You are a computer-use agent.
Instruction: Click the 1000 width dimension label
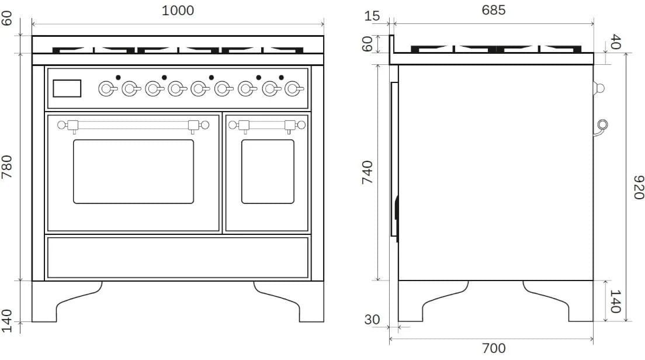click(178, 10)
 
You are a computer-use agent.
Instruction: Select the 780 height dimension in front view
click(8, 167)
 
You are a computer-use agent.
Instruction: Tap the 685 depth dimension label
click(494, 10)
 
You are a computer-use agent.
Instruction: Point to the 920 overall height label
click(638, 187)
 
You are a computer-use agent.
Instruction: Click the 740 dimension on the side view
click(367, 172)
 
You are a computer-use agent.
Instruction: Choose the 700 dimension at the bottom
click(494, 348)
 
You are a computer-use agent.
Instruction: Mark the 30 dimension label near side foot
click(372, 320)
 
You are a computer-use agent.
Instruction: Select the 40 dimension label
click(615, 41)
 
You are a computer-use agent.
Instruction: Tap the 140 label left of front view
click(8, 321)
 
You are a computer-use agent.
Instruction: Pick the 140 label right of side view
click(615, 302)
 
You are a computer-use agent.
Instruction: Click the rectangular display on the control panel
click(67, 88)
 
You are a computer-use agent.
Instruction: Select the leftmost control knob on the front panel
click(106, 88)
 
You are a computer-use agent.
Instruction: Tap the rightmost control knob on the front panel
click(293, 88)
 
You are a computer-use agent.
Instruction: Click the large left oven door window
click(133, 171)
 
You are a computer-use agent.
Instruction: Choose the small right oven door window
click(268, 171)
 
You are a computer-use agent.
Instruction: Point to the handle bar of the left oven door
click(133, 124)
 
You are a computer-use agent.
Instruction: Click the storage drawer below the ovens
click(178, 257)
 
